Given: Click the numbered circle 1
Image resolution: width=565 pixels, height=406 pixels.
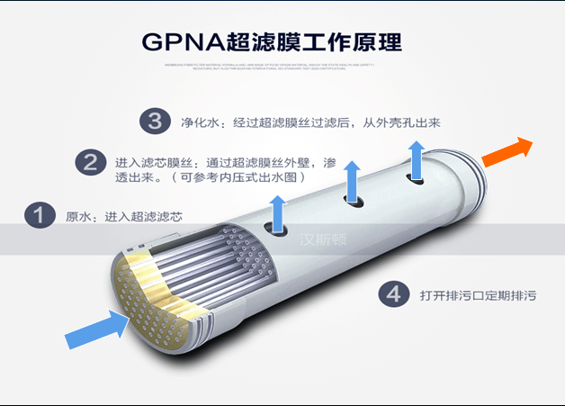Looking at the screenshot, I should pyautogui.click(x=39, y=216).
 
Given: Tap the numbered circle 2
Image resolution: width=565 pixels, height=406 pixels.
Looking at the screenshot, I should pyautogui.click(x=90, y=163).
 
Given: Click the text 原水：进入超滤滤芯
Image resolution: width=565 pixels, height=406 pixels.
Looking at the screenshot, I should pyautogui.click(x=124, y=217).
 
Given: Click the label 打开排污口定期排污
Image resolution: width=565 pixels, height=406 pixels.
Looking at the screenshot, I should pyautogui.click(x=478, y=294).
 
